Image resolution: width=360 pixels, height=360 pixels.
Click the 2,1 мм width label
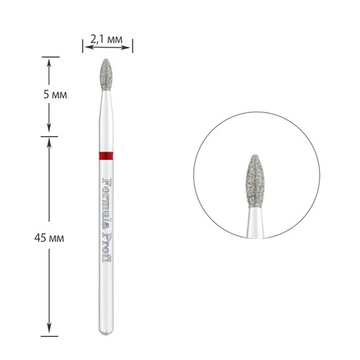pos(107,39)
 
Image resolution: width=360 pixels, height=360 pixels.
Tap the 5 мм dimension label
pos(55,94)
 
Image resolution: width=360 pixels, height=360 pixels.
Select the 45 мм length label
pos(49,238)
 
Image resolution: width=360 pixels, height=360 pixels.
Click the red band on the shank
pos(106,156)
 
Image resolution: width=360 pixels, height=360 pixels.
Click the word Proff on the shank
pos(107,248)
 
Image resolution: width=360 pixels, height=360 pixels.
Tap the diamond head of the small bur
pos(106,75)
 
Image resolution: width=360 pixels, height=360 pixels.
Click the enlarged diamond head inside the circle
pos(256,181)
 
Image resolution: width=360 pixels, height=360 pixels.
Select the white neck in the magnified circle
pos(256,222)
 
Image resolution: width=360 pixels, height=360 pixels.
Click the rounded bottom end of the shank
pos(106,332)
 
